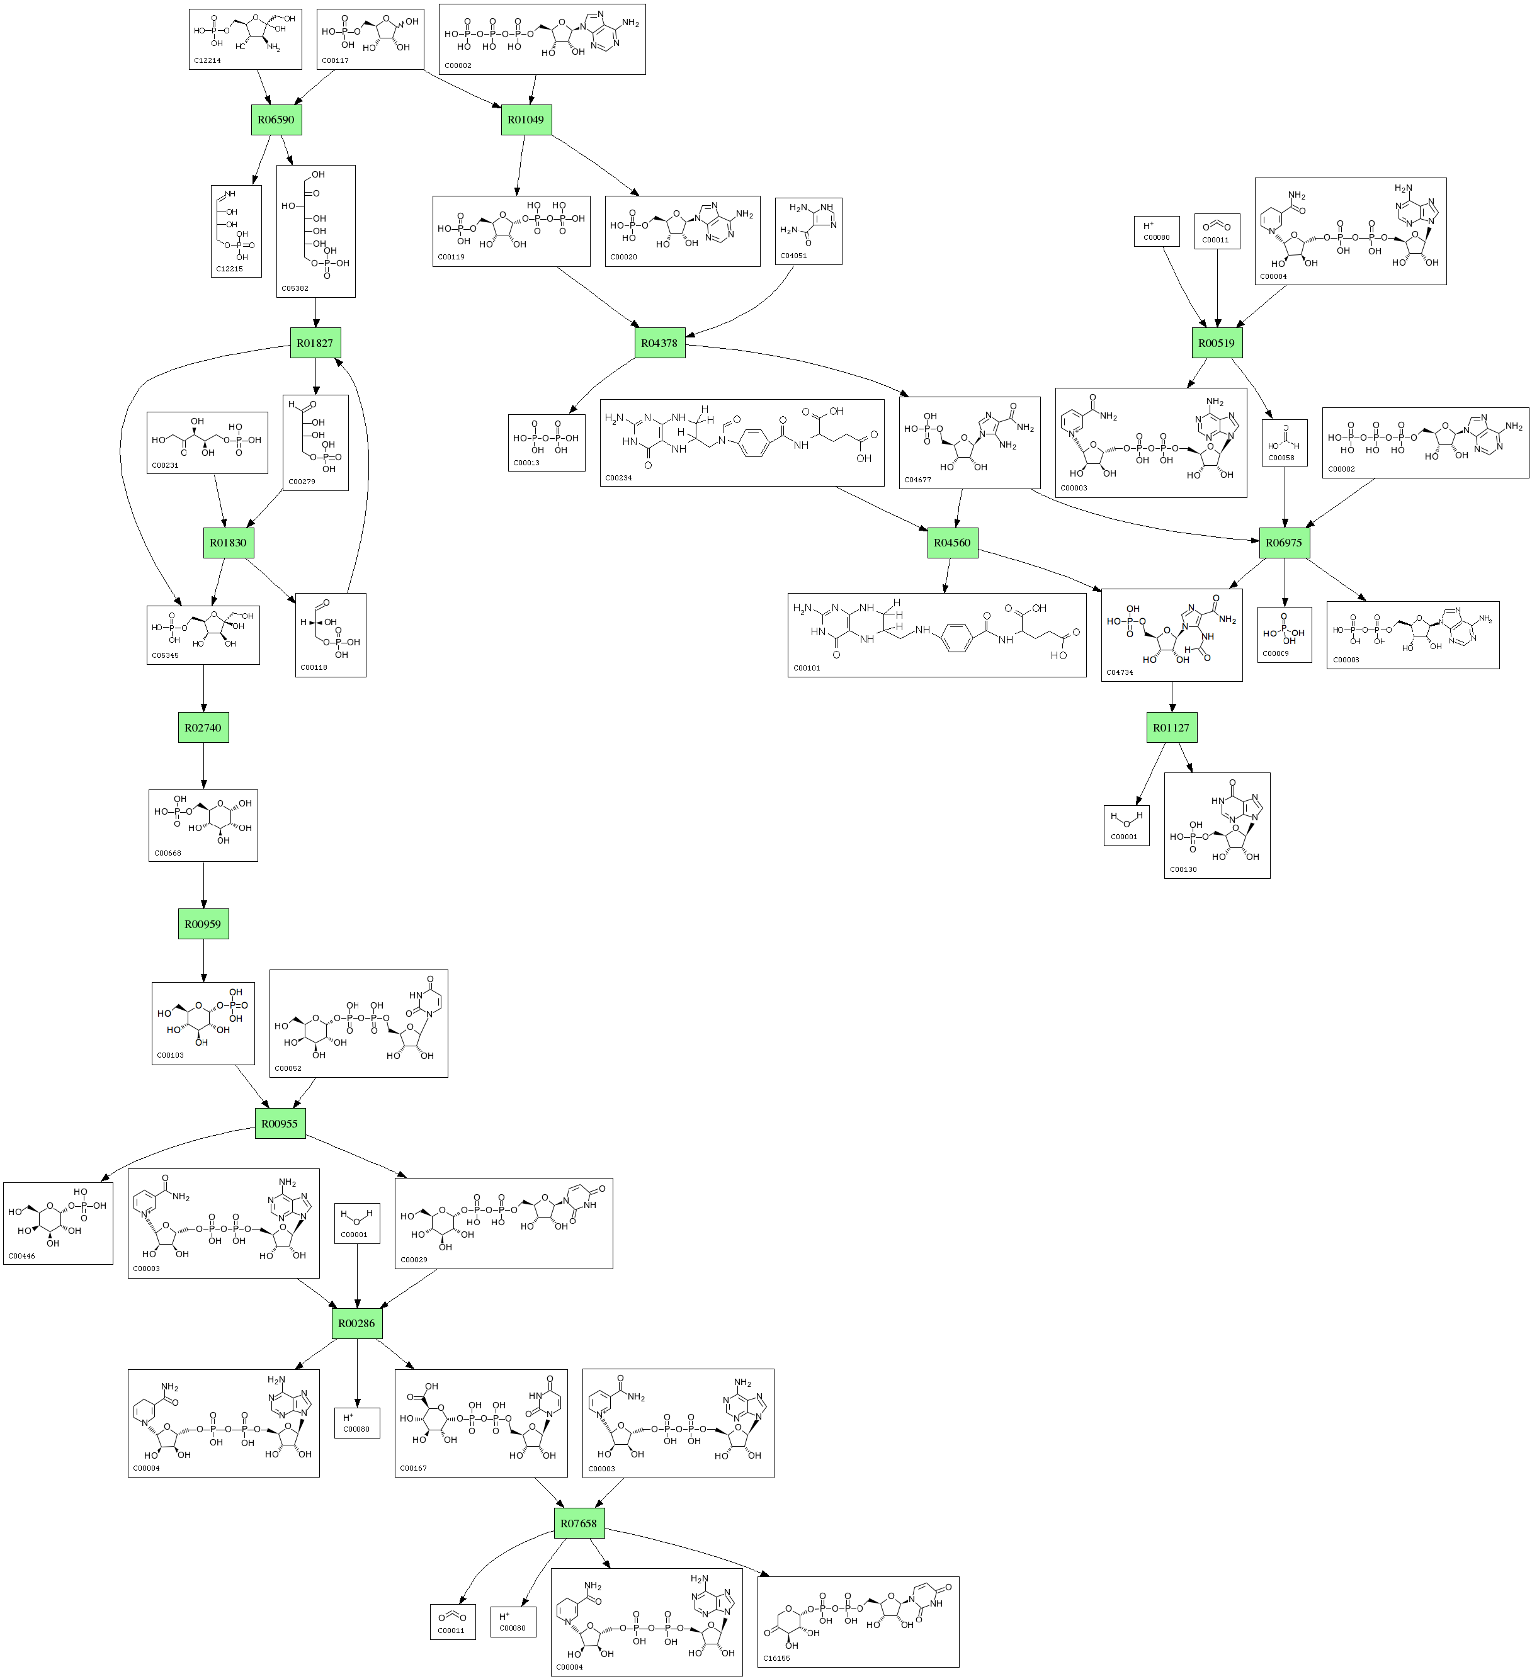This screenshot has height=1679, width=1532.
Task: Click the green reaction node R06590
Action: point(276,120)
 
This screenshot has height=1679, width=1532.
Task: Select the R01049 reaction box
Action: point(526,120)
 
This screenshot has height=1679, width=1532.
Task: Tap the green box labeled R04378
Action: point(660,343)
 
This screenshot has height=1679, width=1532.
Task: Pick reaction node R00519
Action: point(1217,343)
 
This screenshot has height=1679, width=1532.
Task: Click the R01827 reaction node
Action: point(315,343)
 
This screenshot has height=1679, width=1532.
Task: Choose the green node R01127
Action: point(1171,728)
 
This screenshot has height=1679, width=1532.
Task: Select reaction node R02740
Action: point(203,728)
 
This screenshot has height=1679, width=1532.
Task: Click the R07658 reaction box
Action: point(578,1524)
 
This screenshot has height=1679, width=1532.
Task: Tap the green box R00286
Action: point(356,1323)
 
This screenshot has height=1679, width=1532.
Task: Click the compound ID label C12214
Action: point(207,61)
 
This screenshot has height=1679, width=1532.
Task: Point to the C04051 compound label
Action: point(793,256)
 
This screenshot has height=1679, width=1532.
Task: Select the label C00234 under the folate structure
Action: point(619,478)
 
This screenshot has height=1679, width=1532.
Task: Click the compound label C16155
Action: point(776,1658)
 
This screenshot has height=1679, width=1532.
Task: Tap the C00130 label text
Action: point(1183,869)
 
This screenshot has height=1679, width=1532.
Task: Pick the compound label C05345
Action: point(165,655)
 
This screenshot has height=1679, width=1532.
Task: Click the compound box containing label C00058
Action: point(1285,443)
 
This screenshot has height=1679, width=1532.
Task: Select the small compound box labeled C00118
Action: point(331,635)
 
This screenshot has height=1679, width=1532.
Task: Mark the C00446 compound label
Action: point(21,1256)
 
